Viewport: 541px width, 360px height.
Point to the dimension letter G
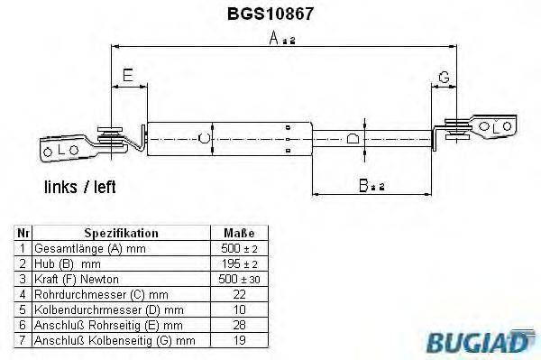tap(444, 77)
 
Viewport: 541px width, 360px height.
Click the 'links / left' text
tap(80, 188)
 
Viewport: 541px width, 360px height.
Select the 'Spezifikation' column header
tap(121, 233)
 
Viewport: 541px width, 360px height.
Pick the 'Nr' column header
tap(23, 233)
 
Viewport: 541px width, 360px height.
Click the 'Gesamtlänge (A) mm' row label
tap(77, 248)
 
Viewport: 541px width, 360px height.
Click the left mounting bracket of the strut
tap(63, 147)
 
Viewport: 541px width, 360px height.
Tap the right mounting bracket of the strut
tap(491, 127)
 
